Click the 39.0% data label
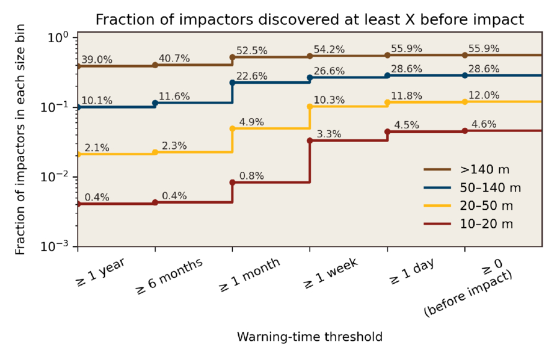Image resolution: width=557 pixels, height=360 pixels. tap(96, 60)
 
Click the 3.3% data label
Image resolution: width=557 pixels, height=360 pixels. tap(326, 134)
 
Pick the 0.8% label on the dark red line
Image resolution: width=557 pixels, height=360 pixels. tap(248, 176)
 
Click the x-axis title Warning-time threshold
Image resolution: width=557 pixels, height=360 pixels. tap(310, 337)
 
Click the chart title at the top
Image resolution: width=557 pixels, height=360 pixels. tap(310, 20)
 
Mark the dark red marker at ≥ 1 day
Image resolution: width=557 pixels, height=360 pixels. tap(388, 132)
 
